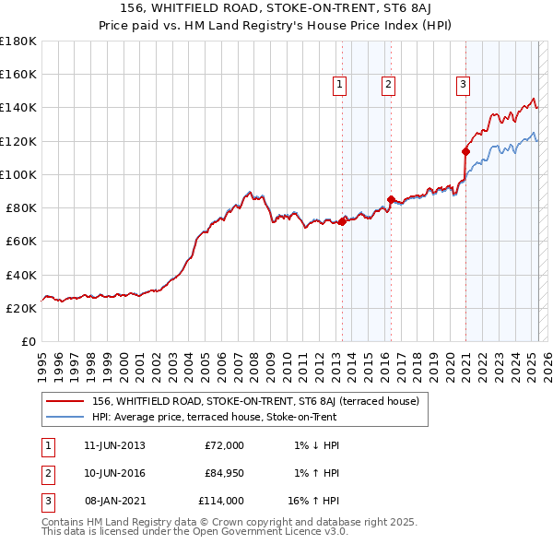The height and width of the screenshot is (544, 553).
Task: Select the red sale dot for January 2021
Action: click(x=465, y=150)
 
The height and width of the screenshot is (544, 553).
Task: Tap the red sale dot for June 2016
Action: click(x=391, y=199)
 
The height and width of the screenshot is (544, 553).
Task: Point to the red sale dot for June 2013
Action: click(x=342, y=221)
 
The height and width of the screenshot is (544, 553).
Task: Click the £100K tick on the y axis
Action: click(x=18, y=174)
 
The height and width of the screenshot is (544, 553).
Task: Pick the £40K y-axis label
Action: click(x=21, y=275)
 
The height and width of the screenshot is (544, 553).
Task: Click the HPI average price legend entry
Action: click(x=214, y=417)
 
